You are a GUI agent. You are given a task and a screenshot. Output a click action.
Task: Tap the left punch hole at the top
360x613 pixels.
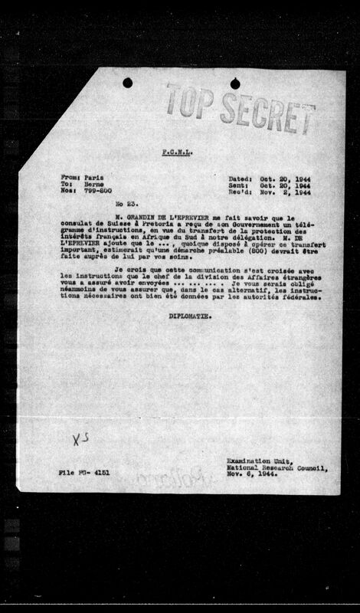point(127,82)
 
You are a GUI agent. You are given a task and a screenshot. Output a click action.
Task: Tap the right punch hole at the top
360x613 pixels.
point(234,83)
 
